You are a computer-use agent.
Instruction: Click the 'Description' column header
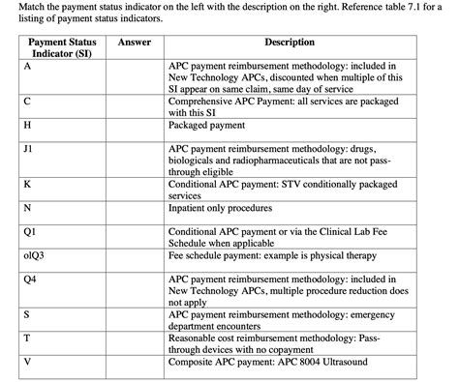[x=289, y=43]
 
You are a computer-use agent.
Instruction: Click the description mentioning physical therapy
[x=274, y=255]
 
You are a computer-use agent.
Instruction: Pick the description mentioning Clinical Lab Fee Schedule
[x=286, y=237]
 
